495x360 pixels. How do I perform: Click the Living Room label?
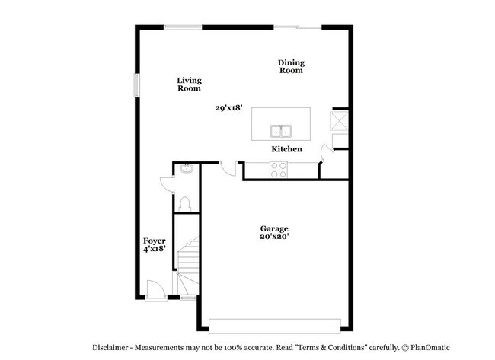coord(189,84)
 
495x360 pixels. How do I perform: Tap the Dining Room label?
coord(290,66)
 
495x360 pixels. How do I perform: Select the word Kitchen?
coord(287,149)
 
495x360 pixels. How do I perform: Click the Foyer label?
coord(155,241)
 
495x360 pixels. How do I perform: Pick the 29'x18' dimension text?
coord(228,108)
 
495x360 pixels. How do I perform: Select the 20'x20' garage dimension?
coord(274,237)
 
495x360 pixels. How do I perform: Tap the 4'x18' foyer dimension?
coord(155,249)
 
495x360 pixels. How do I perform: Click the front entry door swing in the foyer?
coord(155,288)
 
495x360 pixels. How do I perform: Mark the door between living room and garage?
coord(226,169)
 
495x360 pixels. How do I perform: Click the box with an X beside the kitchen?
coord(339,120)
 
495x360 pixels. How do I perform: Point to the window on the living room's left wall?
coord(138,84)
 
